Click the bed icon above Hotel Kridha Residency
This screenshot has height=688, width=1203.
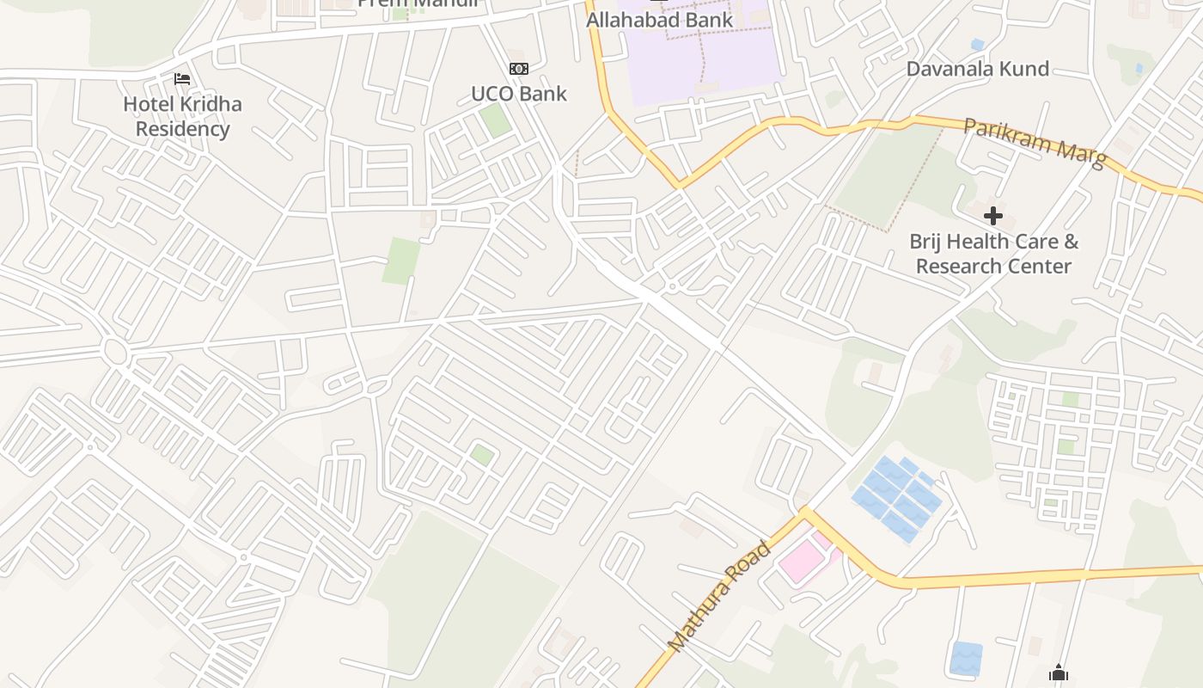[182, 79]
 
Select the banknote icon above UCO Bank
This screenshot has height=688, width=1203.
[519, 69]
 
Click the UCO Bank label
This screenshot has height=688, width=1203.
[519, 94]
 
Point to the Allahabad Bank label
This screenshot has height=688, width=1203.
[659, 20]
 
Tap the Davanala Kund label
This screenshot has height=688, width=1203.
[977, 69]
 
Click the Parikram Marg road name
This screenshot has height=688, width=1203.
[1034, 143]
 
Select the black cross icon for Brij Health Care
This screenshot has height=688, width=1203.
[993, 216]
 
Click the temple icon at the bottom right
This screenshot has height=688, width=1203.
[1059, 673]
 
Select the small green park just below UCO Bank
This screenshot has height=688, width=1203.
[496, 120]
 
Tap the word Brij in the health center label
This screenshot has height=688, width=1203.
[929, 242]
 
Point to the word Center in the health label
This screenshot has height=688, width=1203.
[1041, 267]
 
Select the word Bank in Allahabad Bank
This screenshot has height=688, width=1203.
[707, 20]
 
